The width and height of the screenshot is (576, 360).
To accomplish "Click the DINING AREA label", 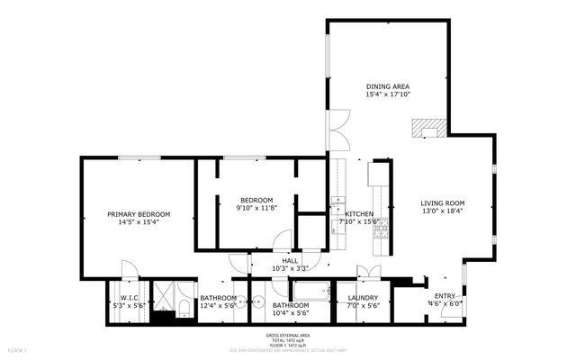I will (x=387, y=85).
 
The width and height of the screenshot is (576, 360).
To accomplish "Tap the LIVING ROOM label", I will (x=443, y=202).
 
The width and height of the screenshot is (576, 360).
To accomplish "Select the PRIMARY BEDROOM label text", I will (x=139, y=214).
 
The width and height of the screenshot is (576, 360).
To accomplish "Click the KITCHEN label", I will (x=359, y=213).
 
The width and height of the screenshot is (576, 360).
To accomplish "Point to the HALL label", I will (x=290, y=260).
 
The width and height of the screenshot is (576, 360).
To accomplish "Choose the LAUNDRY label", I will (x=363, y=298).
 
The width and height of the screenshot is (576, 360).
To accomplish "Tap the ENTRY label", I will (x=445, y=295).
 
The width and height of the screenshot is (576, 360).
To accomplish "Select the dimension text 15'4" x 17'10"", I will (x=387, y=94).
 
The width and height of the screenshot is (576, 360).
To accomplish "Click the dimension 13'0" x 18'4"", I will (x=443, y=211).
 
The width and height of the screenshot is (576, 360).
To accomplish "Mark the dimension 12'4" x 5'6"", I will (x=218, y=306).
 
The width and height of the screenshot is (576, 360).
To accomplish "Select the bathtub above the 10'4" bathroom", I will (x=310, y=290).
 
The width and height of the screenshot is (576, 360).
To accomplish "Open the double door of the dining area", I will (x=337, y=133).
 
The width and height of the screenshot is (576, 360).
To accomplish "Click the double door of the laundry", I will (x=367, y=274).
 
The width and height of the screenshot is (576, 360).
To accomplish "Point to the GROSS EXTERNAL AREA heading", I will (x=288, y=335).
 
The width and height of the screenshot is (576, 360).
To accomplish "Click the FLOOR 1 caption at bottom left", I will (x=18, y=349).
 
